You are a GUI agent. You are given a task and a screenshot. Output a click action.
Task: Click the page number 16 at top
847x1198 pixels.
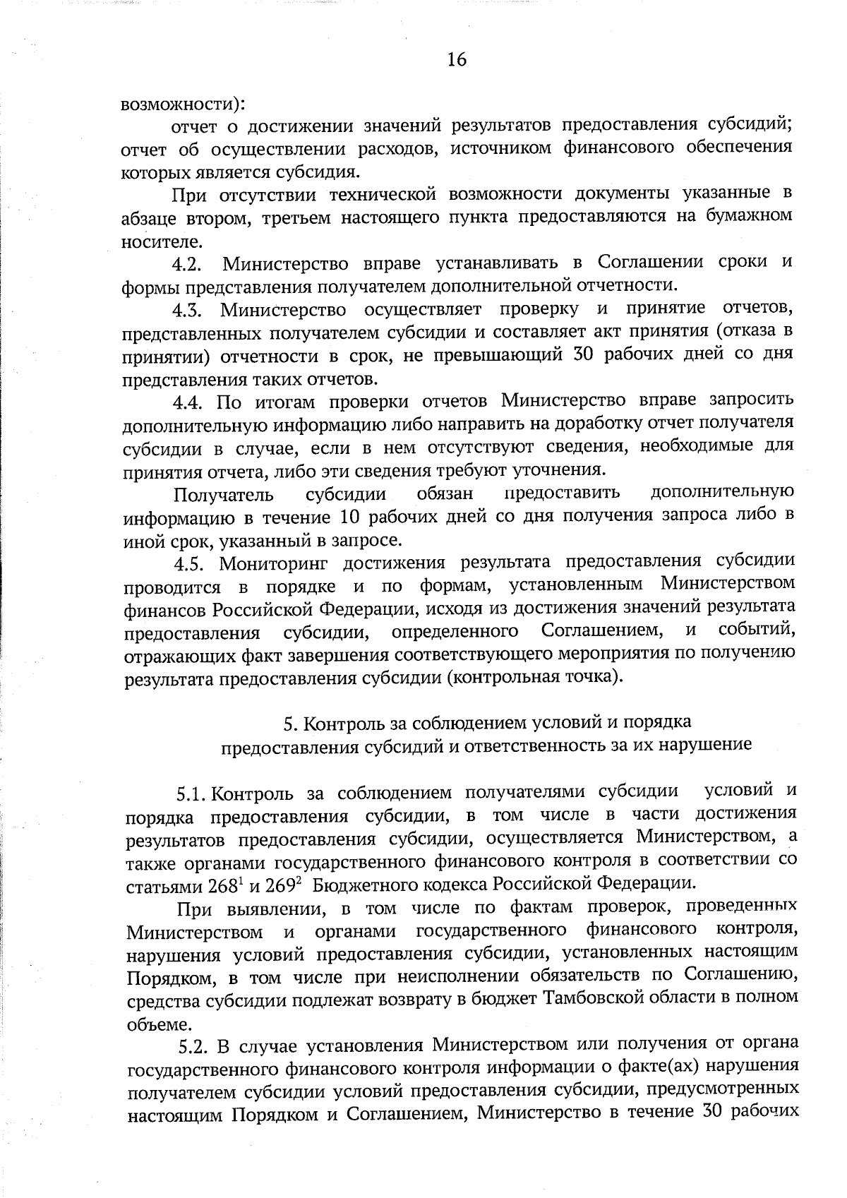(x=457, y=59)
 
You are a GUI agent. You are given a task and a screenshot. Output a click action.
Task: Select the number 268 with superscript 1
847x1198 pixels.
(x=226, y=885)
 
